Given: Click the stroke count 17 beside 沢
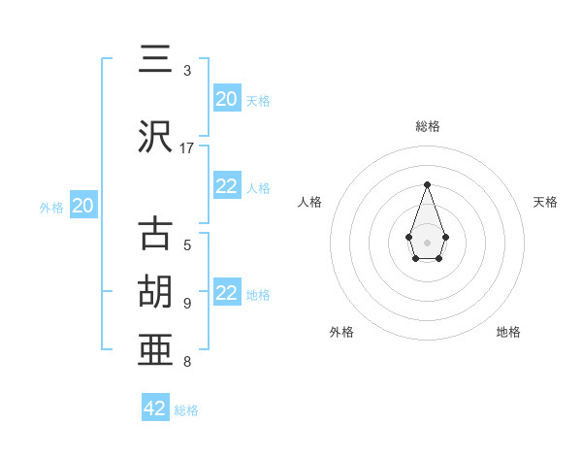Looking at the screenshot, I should click(x=187, y=148).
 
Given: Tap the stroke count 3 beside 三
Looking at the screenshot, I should click(x=187, y=71).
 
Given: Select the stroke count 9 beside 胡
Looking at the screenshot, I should click(x=187, y=303).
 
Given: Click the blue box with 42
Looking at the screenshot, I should click(x=155, y=408).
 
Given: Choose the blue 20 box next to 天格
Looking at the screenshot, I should click(x=227, y=99).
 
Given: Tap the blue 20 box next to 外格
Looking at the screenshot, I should click(x=83, y=206).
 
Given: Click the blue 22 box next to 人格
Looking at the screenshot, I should click(x=227, y=187).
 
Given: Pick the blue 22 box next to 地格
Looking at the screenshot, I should click(x=227, y=294).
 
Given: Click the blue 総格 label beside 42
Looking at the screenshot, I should click(x=186, y=410).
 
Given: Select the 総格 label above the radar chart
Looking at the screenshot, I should click(x=427, y=126).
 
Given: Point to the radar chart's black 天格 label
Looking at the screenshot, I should click(x=545, y=202).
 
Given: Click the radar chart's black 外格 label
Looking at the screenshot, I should click(x=341, y=332).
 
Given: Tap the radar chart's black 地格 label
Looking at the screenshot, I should click(x=508, y=332).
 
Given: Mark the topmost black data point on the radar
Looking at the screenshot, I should click(x=427, y=184).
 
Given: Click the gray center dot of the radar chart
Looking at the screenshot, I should click(x=427, y=242).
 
